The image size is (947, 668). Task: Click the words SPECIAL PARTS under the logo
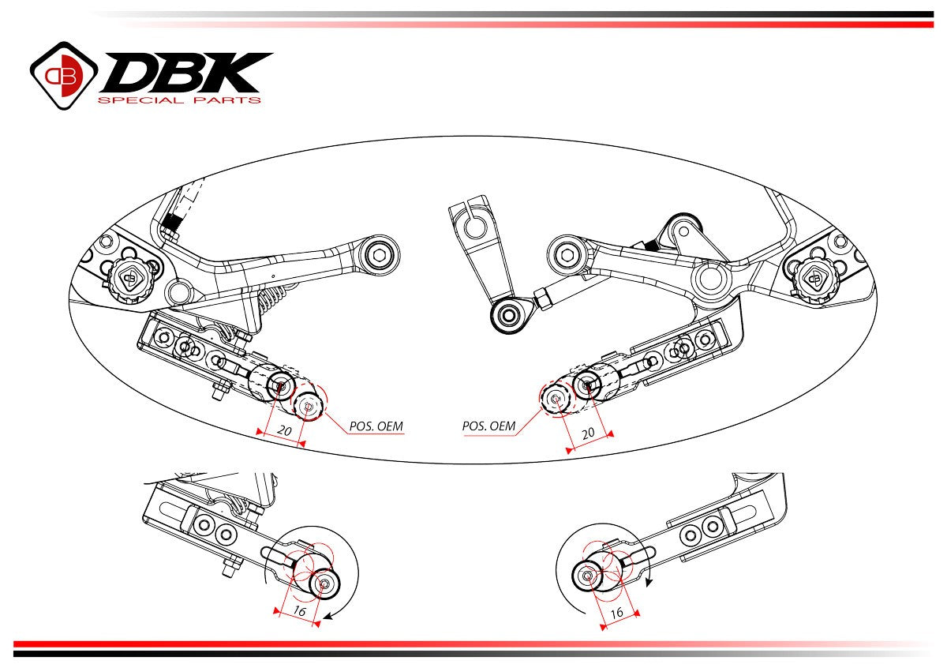tap(178, 100)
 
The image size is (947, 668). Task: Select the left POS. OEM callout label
tap(376, 426)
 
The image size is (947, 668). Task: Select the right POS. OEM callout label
tap(488, 426)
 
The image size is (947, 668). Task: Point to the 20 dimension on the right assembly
tap(587, 433)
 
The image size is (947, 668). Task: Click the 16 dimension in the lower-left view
tap(299, 610)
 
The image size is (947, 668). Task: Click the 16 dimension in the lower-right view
tap(617, 612)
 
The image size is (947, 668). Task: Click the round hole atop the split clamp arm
tap(473, 227)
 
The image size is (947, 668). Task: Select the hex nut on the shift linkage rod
tap(543, 298)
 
